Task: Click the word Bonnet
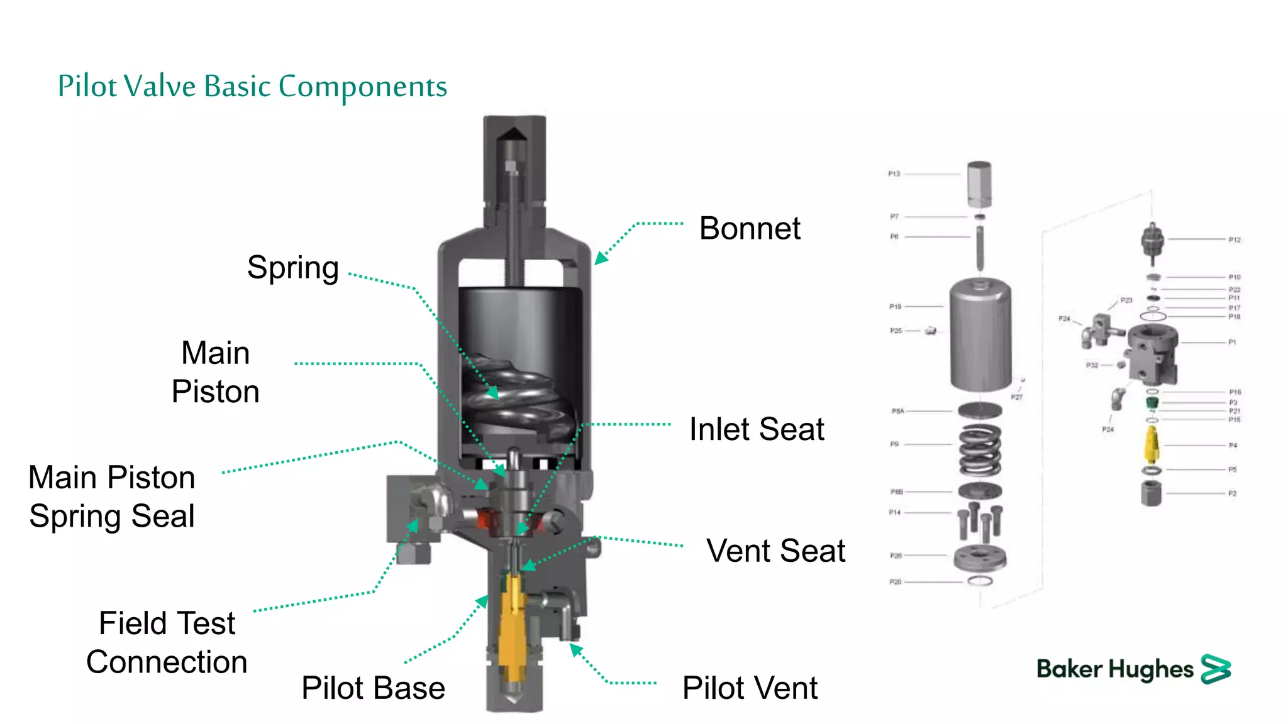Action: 750,228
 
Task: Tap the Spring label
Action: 292,268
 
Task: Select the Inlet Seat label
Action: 757,430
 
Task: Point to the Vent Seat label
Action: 775,551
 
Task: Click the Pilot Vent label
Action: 750,688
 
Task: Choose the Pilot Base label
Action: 373,688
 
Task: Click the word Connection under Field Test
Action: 167,662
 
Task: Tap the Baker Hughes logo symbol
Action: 1216,669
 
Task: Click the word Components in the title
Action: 363,87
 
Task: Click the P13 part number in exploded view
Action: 894,174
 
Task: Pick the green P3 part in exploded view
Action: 1152,402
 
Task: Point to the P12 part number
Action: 1235,240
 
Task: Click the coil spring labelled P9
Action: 979,451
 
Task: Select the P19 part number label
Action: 895,307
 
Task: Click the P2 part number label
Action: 1233,494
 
